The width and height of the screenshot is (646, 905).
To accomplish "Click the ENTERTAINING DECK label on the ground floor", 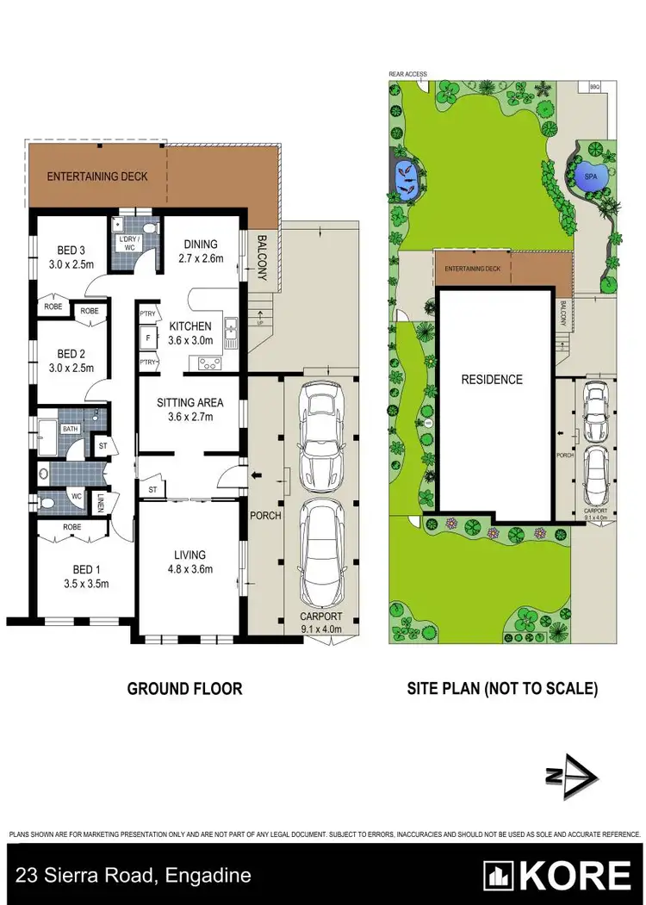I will (x=97, y=177).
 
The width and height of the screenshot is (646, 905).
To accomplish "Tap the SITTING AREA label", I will (x=189, y=402).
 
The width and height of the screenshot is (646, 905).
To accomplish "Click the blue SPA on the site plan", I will (x=590, y=176).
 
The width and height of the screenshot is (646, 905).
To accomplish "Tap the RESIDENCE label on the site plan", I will (x=492, y=379).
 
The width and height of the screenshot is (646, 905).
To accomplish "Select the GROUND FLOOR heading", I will (x=184, y=688).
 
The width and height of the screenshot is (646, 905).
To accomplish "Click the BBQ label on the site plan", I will (x=594, y=86).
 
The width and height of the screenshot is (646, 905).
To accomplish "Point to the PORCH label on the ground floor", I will (x=261, y=516).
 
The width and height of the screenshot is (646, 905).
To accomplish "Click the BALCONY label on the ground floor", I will (x=262, y=259).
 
